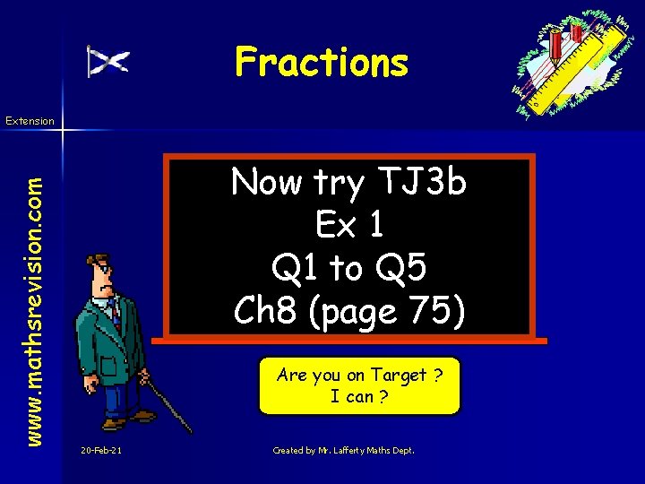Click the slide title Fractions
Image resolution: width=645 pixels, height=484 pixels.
[321, 63]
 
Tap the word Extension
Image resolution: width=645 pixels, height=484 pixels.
[30, 120]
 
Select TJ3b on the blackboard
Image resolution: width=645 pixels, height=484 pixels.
[422, 184]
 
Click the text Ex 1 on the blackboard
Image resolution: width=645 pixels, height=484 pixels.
[350, 226]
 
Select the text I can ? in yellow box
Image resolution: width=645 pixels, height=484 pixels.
[359, 396]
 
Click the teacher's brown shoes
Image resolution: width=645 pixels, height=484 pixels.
[116, 421]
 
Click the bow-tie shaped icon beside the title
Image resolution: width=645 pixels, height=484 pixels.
[107, 61]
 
